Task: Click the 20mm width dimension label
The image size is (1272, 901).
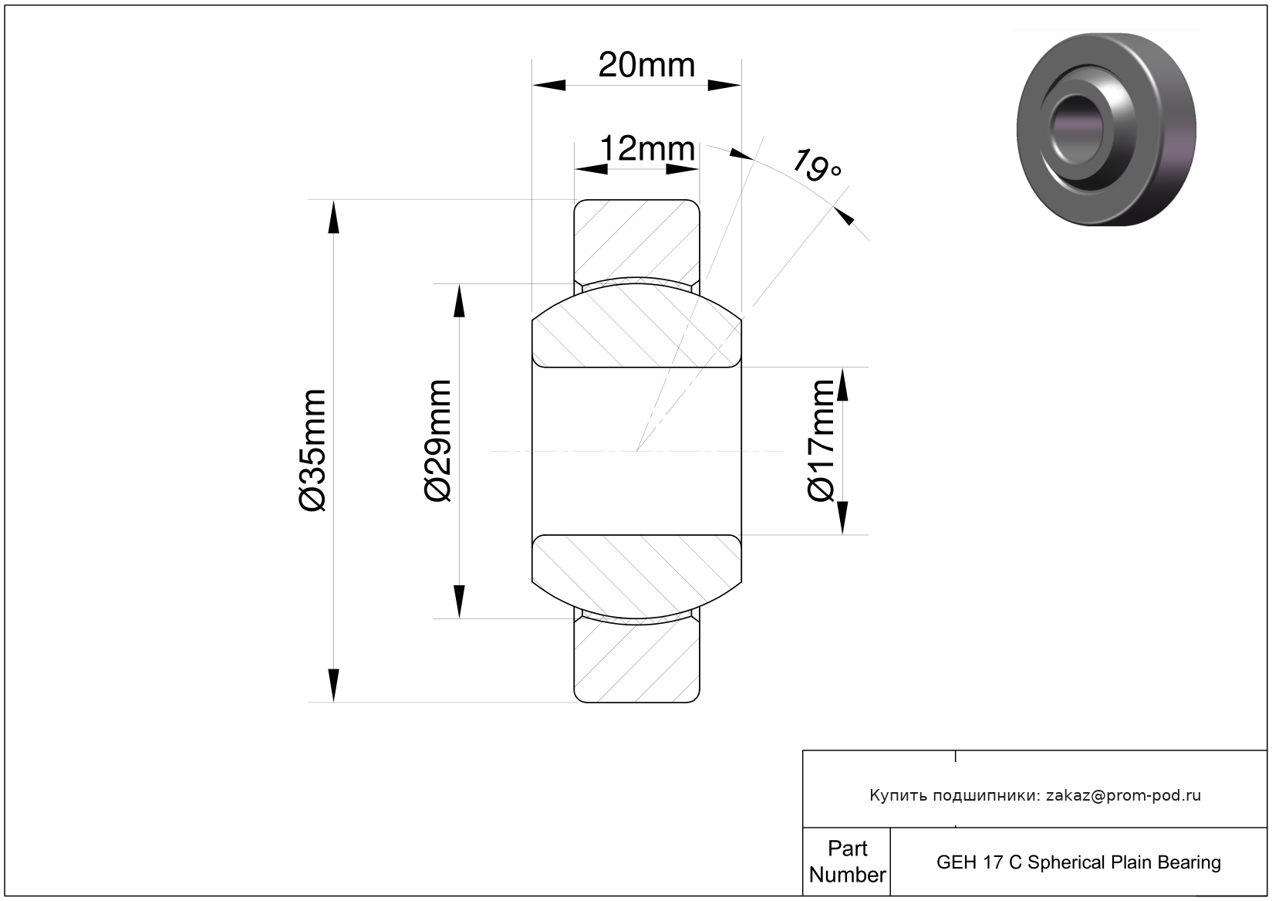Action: tap(646, 66)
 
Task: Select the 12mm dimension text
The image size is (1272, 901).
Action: tap(647, 149)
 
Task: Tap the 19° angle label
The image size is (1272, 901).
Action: tap(816, 165)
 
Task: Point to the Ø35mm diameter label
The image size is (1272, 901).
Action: tap(313, 450)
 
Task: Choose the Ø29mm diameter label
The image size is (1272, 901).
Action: tap(438, 441)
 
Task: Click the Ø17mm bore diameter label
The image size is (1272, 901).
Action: tap(821, 441)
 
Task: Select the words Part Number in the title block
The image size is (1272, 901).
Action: tap(847, 861)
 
